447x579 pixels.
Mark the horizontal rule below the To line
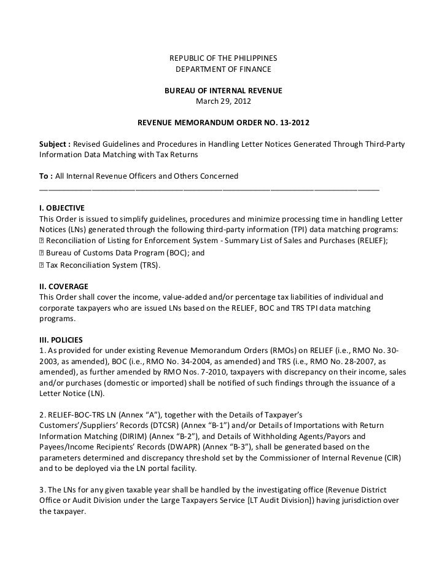(209, 190)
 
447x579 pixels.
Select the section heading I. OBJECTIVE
(62, 208)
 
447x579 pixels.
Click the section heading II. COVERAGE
(63, 287)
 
